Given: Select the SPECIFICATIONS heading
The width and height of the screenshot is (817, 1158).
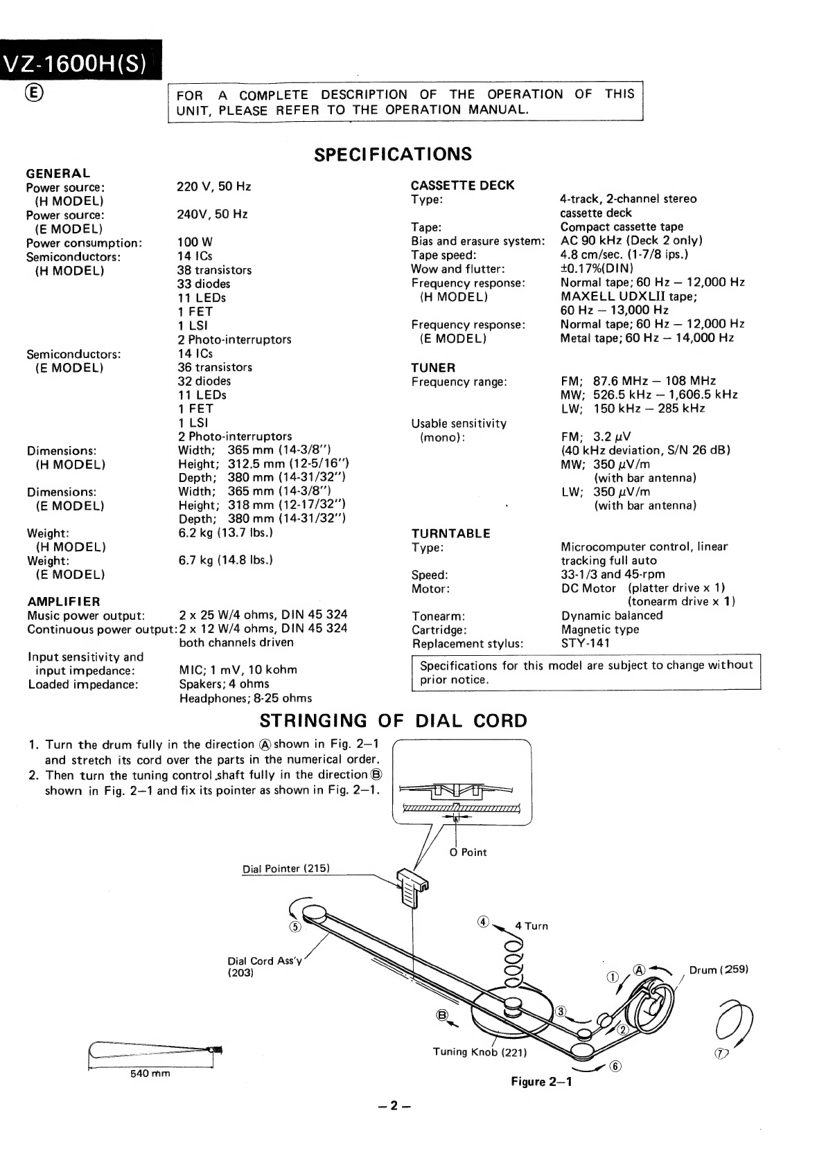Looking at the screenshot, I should tap(393, 154).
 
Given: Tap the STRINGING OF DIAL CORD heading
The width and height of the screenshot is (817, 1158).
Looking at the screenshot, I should tap(393, 721).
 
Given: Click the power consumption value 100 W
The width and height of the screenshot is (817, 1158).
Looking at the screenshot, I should tap(195, 242).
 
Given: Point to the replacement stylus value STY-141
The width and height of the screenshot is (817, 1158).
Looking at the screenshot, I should tap(586, 643).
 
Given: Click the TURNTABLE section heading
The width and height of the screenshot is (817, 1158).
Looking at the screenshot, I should tap(450, 533).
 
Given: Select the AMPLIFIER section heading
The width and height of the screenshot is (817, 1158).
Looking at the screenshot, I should tap(63, 601).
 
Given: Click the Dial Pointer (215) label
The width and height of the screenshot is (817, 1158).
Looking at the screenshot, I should tap(285, 868).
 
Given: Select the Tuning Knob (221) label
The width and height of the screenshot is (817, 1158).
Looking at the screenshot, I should tap(480, 1052).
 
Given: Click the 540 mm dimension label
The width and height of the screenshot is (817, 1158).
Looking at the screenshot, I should tap(150, 1074).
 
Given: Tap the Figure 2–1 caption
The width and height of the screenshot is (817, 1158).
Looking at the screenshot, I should tap(541, 1082).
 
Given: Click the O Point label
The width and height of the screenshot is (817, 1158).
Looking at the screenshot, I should tap(468, 852).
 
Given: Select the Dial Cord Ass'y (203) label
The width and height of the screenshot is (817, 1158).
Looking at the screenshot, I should tap(264, 966).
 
